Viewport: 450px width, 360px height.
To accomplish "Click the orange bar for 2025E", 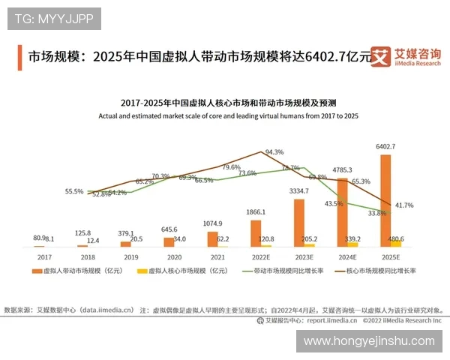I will (385, 200).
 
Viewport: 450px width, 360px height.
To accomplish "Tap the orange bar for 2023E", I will (298, 223).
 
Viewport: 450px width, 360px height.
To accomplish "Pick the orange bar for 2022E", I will (256, 233).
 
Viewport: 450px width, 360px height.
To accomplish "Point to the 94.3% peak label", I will (274, 152).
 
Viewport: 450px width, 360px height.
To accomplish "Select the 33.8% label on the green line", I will (377, 213).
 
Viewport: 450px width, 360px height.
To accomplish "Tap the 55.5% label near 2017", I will (74, 191).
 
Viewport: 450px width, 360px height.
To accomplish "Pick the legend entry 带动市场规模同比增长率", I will (289, 269).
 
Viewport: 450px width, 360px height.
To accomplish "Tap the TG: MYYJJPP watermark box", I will (54, 19).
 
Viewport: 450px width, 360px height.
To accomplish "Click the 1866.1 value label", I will (256, 213).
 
